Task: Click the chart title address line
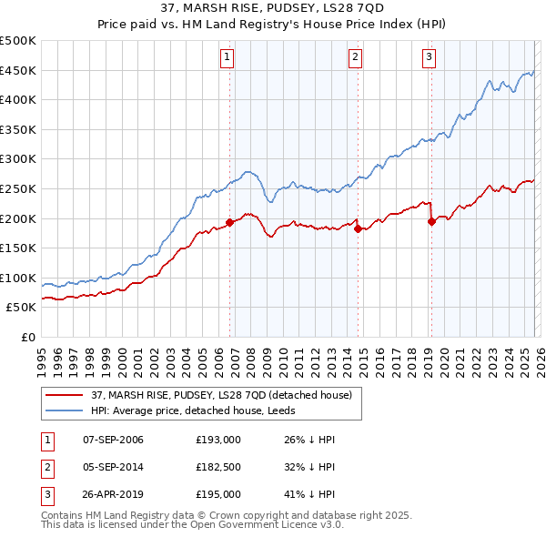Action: click(x=272, y=9)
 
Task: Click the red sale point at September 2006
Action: click(x=229, y=222)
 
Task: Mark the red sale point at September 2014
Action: click(x=358, y=228)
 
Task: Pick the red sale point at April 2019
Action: click(x=431, y=221)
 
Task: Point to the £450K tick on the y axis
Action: click(x=18, y=70)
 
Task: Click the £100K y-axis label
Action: click(x=18, y=278)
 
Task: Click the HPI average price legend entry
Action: click(x=203, y=410)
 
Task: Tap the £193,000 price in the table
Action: click(x=217, y=440)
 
